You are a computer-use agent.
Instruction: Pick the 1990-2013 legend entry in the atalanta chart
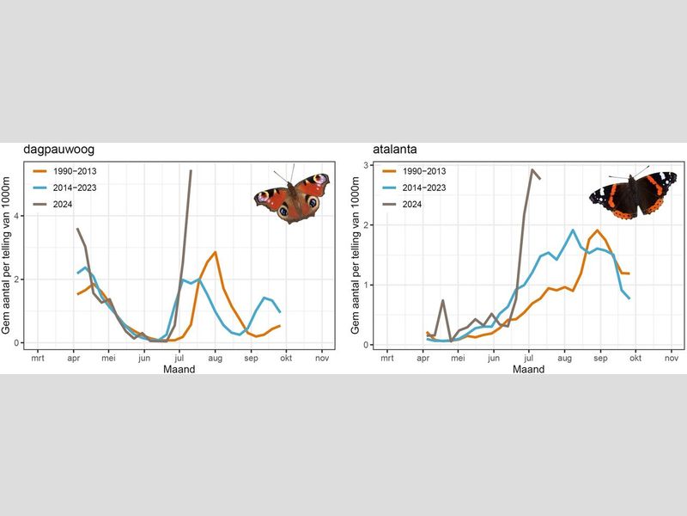coord(413,171)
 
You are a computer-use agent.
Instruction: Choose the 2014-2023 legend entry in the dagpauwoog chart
coord(63,187)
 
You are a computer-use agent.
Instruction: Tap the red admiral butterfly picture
coord(632,194)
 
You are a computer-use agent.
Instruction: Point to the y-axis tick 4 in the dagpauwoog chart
coord(15,217)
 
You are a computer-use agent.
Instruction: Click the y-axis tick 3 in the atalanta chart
coord(365,165)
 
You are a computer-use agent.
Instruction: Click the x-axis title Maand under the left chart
coord(179,369)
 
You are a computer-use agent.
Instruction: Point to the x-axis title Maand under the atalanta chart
coord(528,369)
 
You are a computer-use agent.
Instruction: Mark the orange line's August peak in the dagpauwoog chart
coord(215,253)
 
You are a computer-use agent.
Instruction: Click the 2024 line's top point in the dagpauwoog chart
coord(191,170)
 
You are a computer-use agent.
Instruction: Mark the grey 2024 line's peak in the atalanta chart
coord(532,169)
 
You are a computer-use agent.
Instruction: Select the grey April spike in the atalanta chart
coord(442,300)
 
